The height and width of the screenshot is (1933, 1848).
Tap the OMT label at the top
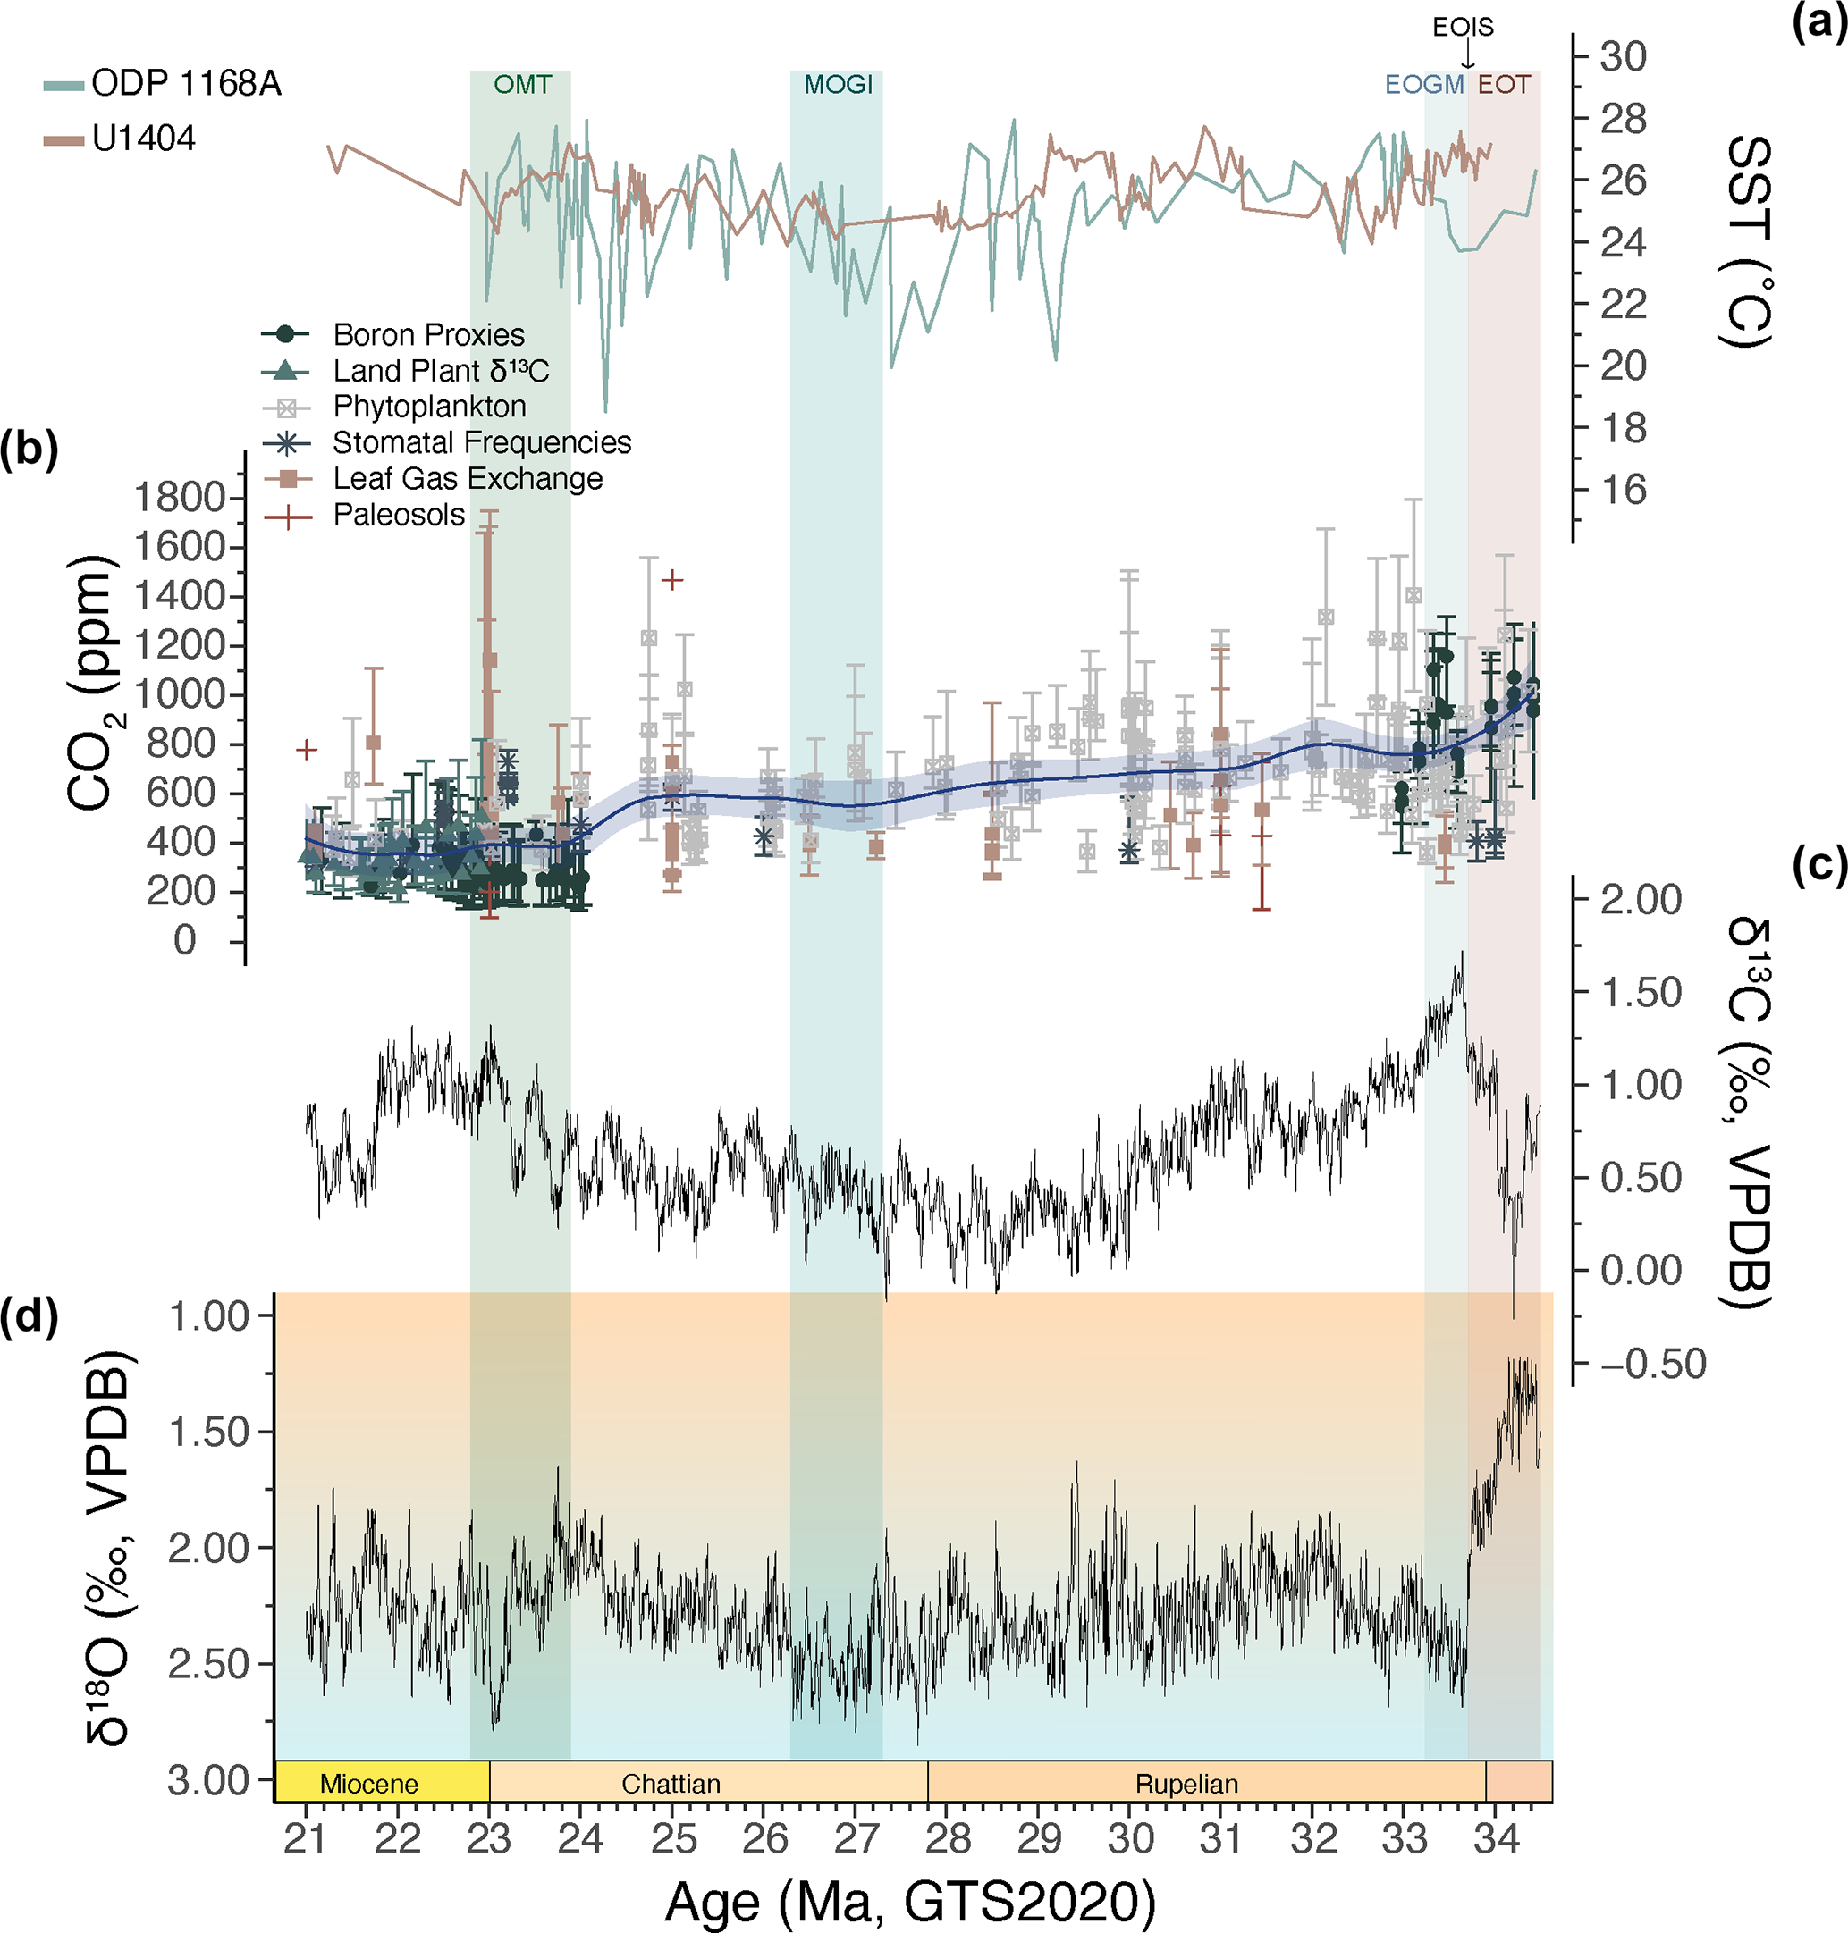tap(522, 85)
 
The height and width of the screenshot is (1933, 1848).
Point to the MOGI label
tap(839, 85)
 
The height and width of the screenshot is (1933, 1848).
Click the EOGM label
tap(1423, 85)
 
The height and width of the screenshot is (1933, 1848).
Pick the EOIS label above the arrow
tap(1463, 27)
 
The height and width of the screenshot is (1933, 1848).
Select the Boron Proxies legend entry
tap(427, 335)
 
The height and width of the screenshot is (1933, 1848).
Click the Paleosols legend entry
tap(398, 515)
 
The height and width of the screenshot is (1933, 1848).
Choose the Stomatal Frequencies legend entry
tap(481, 443)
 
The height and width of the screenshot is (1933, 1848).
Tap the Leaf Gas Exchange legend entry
tap(467, 479)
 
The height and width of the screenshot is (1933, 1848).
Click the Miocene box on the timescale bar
tap(369, 1784)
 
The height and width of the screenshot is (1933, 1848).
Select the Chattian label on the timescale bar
tap(671, 1784)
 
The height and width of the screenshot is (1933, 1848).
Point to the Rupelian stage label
tap(1186, 1784)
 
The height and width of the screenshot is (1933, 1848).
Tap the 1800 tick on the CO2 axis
tap(181, 497)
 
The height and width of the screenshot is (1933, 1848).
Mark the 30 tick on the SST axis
tap(1623, 57)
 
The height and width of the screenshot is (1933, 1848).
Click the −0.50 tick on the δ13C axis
tap(1652, 1364)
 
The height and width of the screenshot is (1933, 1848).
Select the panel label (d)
tap(29, 1315)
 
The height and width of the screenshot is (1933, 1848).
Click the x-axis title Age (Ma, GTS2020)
tap(909, 1901)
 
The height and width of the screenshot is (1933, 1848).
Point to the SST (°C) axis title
tap(1749, 241)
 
